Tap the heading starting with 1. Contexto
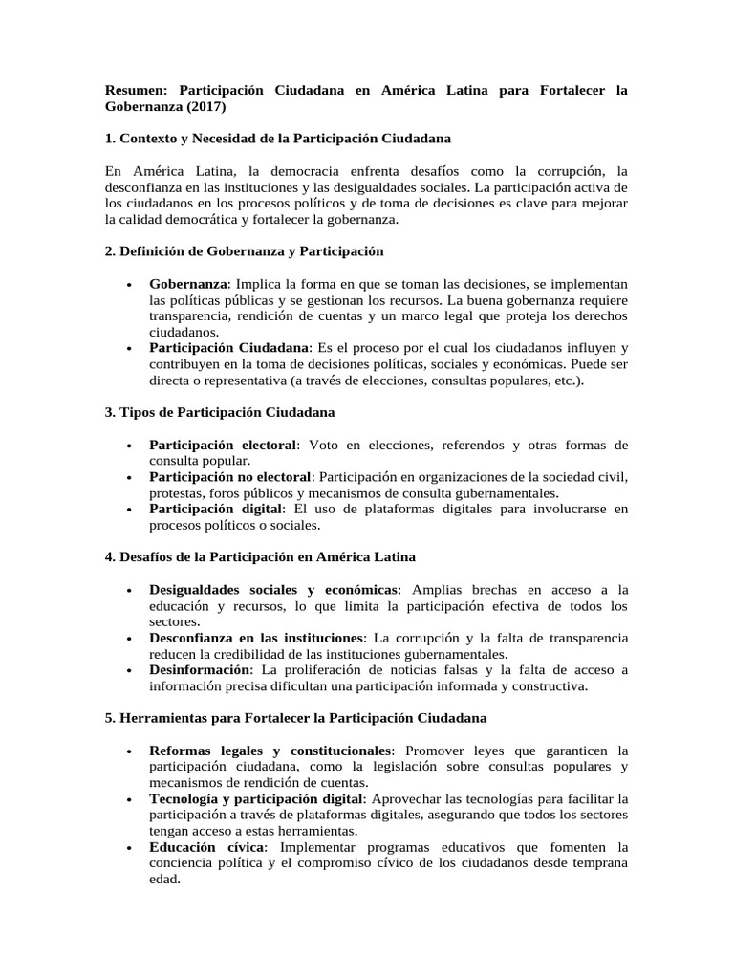click(278, 139)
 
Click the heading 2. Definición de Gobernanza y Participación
click(244, 250)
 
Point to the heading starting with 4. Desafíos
click(260, 555)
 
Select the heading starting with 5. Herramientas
click(295, 717)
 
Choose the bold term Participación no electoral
click(230, 476)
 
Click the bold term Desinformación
click(197, 669)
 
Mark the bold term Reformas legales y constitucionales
click(270, 750)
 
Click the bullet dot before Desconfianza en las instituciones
click(128, 638)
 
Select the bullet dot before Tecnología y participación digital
click(128, 798)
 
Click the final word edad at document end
click(164, 880)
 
